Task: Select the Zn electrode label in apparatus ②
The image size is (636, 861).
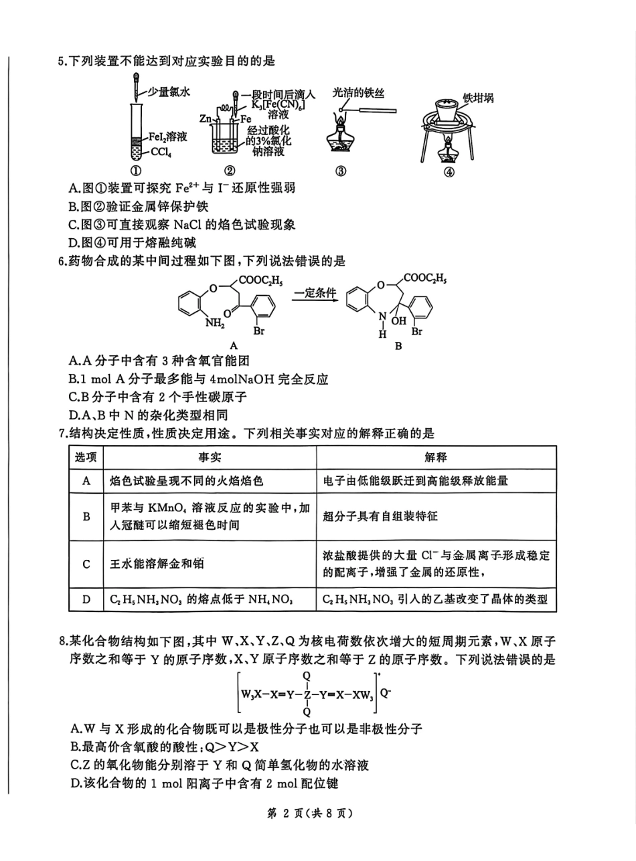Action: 206,118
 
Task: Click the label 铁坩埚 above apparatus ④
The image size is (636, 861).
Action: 478,98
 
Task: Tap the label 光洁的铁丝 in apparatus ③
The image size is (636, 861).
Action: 360,94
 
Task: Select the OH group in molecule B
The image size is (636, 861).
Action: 401,322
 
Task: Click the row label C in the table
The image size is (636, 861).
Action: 86,564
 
